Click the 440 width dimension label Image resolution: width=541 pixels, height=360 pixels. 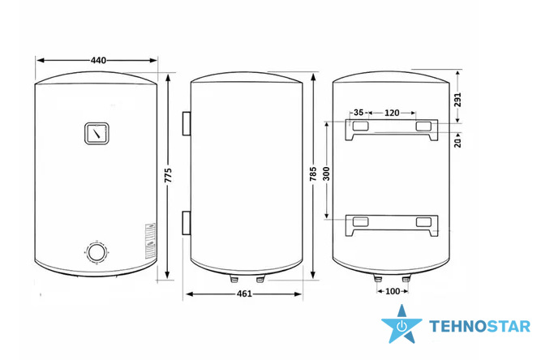(x=98, y=60)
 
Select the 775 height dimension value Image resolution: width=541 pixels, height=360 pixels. (x=168, y=175)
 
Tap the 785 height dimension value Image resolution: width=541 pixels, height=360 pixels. (x=313, y=174)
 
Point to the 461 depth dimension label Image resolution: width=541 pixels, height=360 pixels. (x=244, y=294)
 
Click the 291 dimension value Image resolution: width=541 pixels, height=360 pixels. (x=457, y=100)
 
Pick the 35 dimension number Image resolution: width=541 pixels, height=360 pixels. (x=359, y=113)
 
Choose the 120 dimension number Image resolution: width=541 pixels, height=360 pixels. (x=392, y=113)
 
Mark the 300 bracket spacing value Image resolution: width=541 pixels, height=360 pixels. (x=326, y=174)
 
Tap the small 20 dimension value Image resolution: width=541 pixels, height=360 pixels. (x=457, y=142)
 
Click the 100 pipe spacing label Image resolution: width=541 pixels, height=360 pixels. (x=393, y=291)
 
